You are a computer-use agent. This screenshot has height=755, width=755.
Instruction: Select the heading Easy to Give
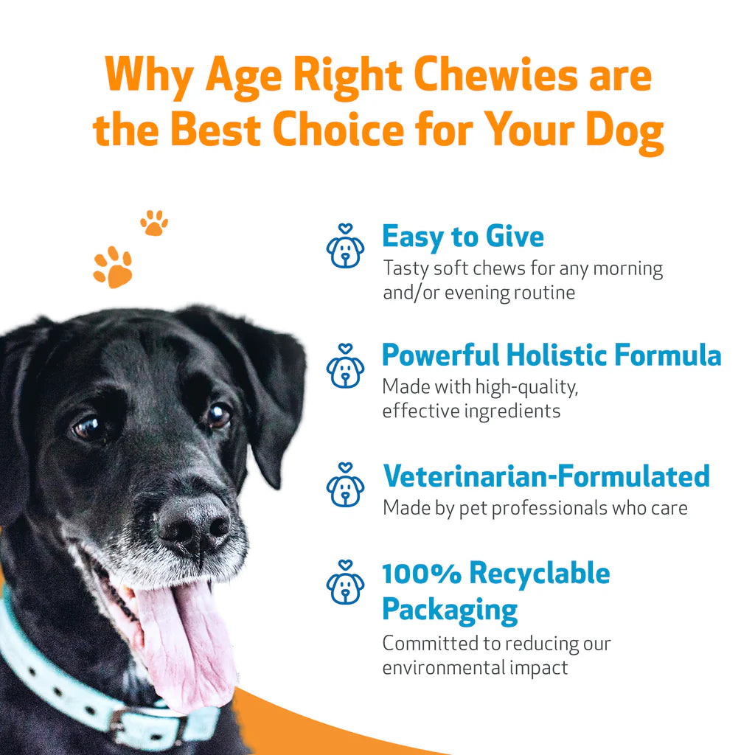pos(462,237)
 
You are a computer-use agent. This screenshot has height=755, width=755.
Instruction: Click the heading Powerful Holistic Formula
pos(551,355)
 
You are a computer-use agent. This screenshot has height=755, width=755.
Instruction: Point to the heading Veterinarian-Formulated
pos(546,476)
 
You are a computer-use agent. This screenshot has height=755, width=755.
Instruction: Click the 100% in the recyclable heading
pos(421,573)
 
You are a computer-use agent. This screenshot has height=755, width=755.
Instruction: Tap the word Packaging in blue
pos(450,610)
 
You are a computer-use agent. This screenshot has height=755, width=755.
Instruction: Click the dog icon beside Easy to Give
pos(345,247)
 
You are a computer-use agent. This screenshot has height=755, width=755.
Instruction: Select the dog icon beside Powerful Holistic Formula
pos(345,366)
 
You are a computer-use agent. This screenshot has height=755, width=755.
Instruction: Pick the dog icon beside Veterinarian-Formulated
pos(345,486)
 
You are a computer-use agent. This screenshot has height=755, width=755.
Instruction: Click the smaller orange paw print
pos(154,223)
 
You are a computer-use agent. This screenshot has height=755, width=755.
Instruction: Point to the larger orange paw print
pos(113,267)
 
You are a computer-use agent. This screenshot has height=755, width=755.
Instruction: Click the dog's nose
pos(193,523)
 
